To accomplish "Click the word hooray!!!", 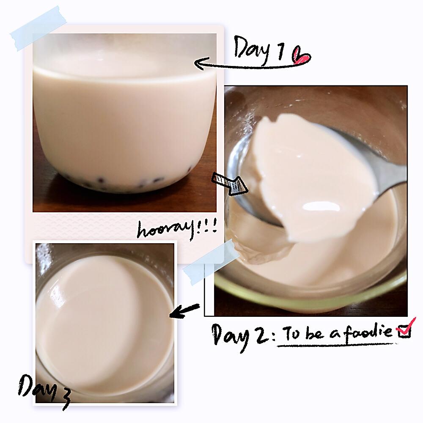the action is click(x=177, y=229).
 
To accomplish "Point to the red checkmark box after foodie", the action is click(x=405, y=328).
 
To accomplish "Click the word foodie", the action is click(x=368, y=331).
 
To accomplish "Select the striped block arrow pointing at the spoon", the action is click(x=230, y=184).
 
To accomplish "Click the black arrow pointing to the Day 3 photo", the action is click(x=184, y=311).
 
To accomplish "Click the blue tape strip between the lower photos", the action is click(x=210, y=262).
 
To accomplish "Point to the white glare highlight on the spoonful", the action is click(x=321, y=207).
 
